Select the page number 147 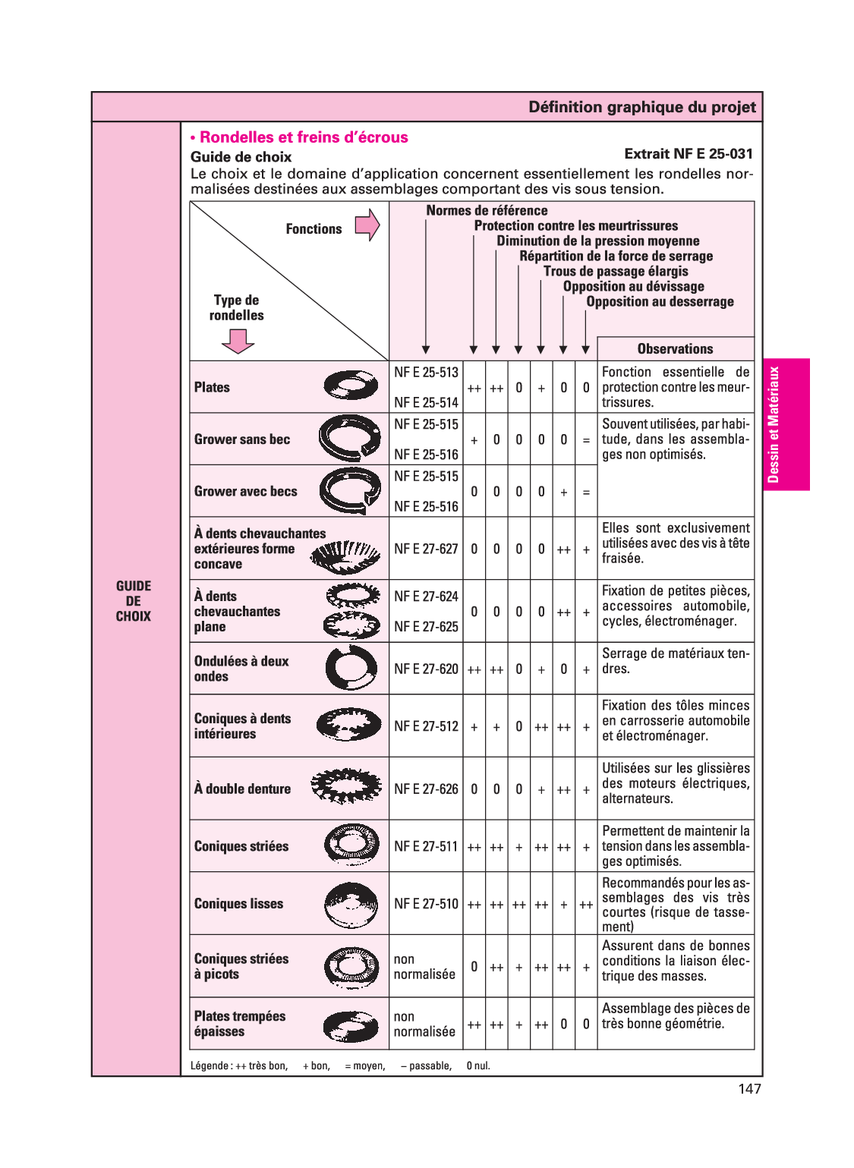click(x=749, y=1089)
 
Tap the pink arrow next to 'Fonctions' click(x=367, y=225)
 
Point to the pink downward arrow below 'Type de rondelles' click(x=238, y=342)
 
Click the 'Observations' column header click(x=675, y=349)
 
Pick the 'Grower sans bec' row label click(x=242, y=439)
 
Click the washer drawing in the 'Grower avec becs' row click(x=351, y=491)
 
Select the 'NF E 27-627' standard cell click(x=426, y=549)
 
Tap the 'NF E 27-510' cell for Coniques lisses click(x=426, y=904)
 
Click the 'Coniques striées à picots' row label click(x=241, y=966)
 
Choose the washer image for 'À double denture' click(x=346, y=787)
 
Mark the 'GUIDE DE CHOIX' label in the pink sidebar click(x=134, y=601)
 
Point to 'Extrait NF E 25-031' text click(x=688, y=154)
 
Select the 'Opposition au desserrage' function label click(x=660, y=302)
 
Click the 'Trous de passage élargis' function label click(x=616, y=272)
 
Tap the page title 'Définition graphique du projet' click(x=641, y=107)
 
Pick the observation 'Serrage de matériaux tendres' click(x=675, y=661)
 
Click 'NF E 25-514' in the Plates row click(x=426, y=402)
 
